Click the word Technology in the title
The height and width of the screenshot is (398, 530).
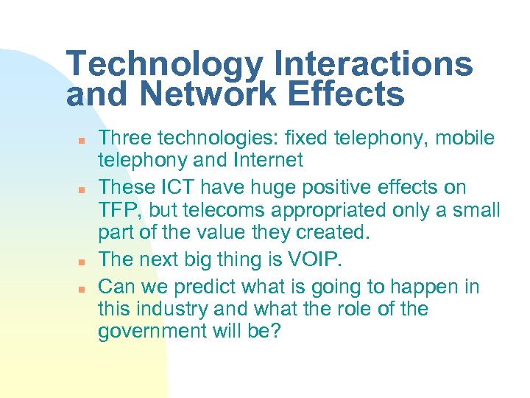163,65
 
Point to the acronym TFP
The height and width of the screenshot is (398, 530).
119,210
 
